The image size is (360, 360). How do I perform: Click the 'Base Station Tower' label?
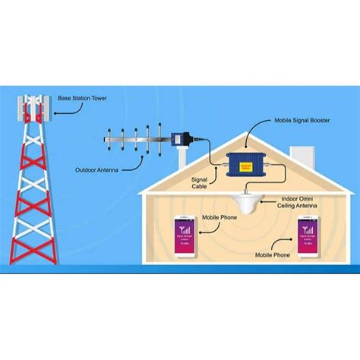click(82, 98)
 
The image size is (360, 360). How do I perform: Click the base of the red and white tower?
click(32, 258)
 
